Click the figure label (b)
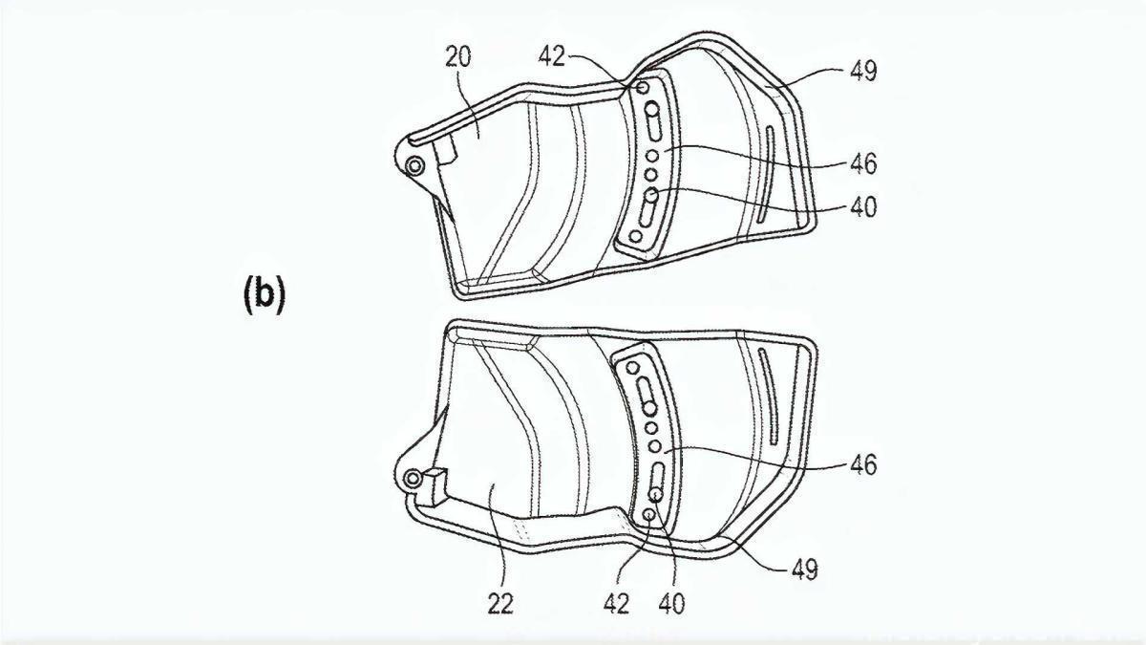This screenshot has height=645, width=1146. point(264,295)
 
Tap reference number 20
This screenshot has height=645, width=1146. point(457,57)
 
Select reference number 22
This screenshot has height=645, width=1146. point(499,604)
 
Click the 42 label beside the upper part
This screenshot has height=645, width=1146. point(552,56)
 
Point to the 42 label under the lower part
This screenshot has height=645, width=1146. point(617,604)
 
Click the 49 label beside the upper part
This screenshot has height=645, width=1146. point(863,71)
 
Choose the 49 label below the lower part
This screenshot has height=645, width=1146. point(805,569)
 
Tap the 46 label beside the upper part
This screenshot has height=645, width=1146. point(863,163)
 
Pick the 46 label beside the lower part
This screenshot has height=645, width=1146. point(863,464)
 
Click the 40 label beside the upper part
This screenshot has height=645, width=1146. point(863,207)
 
